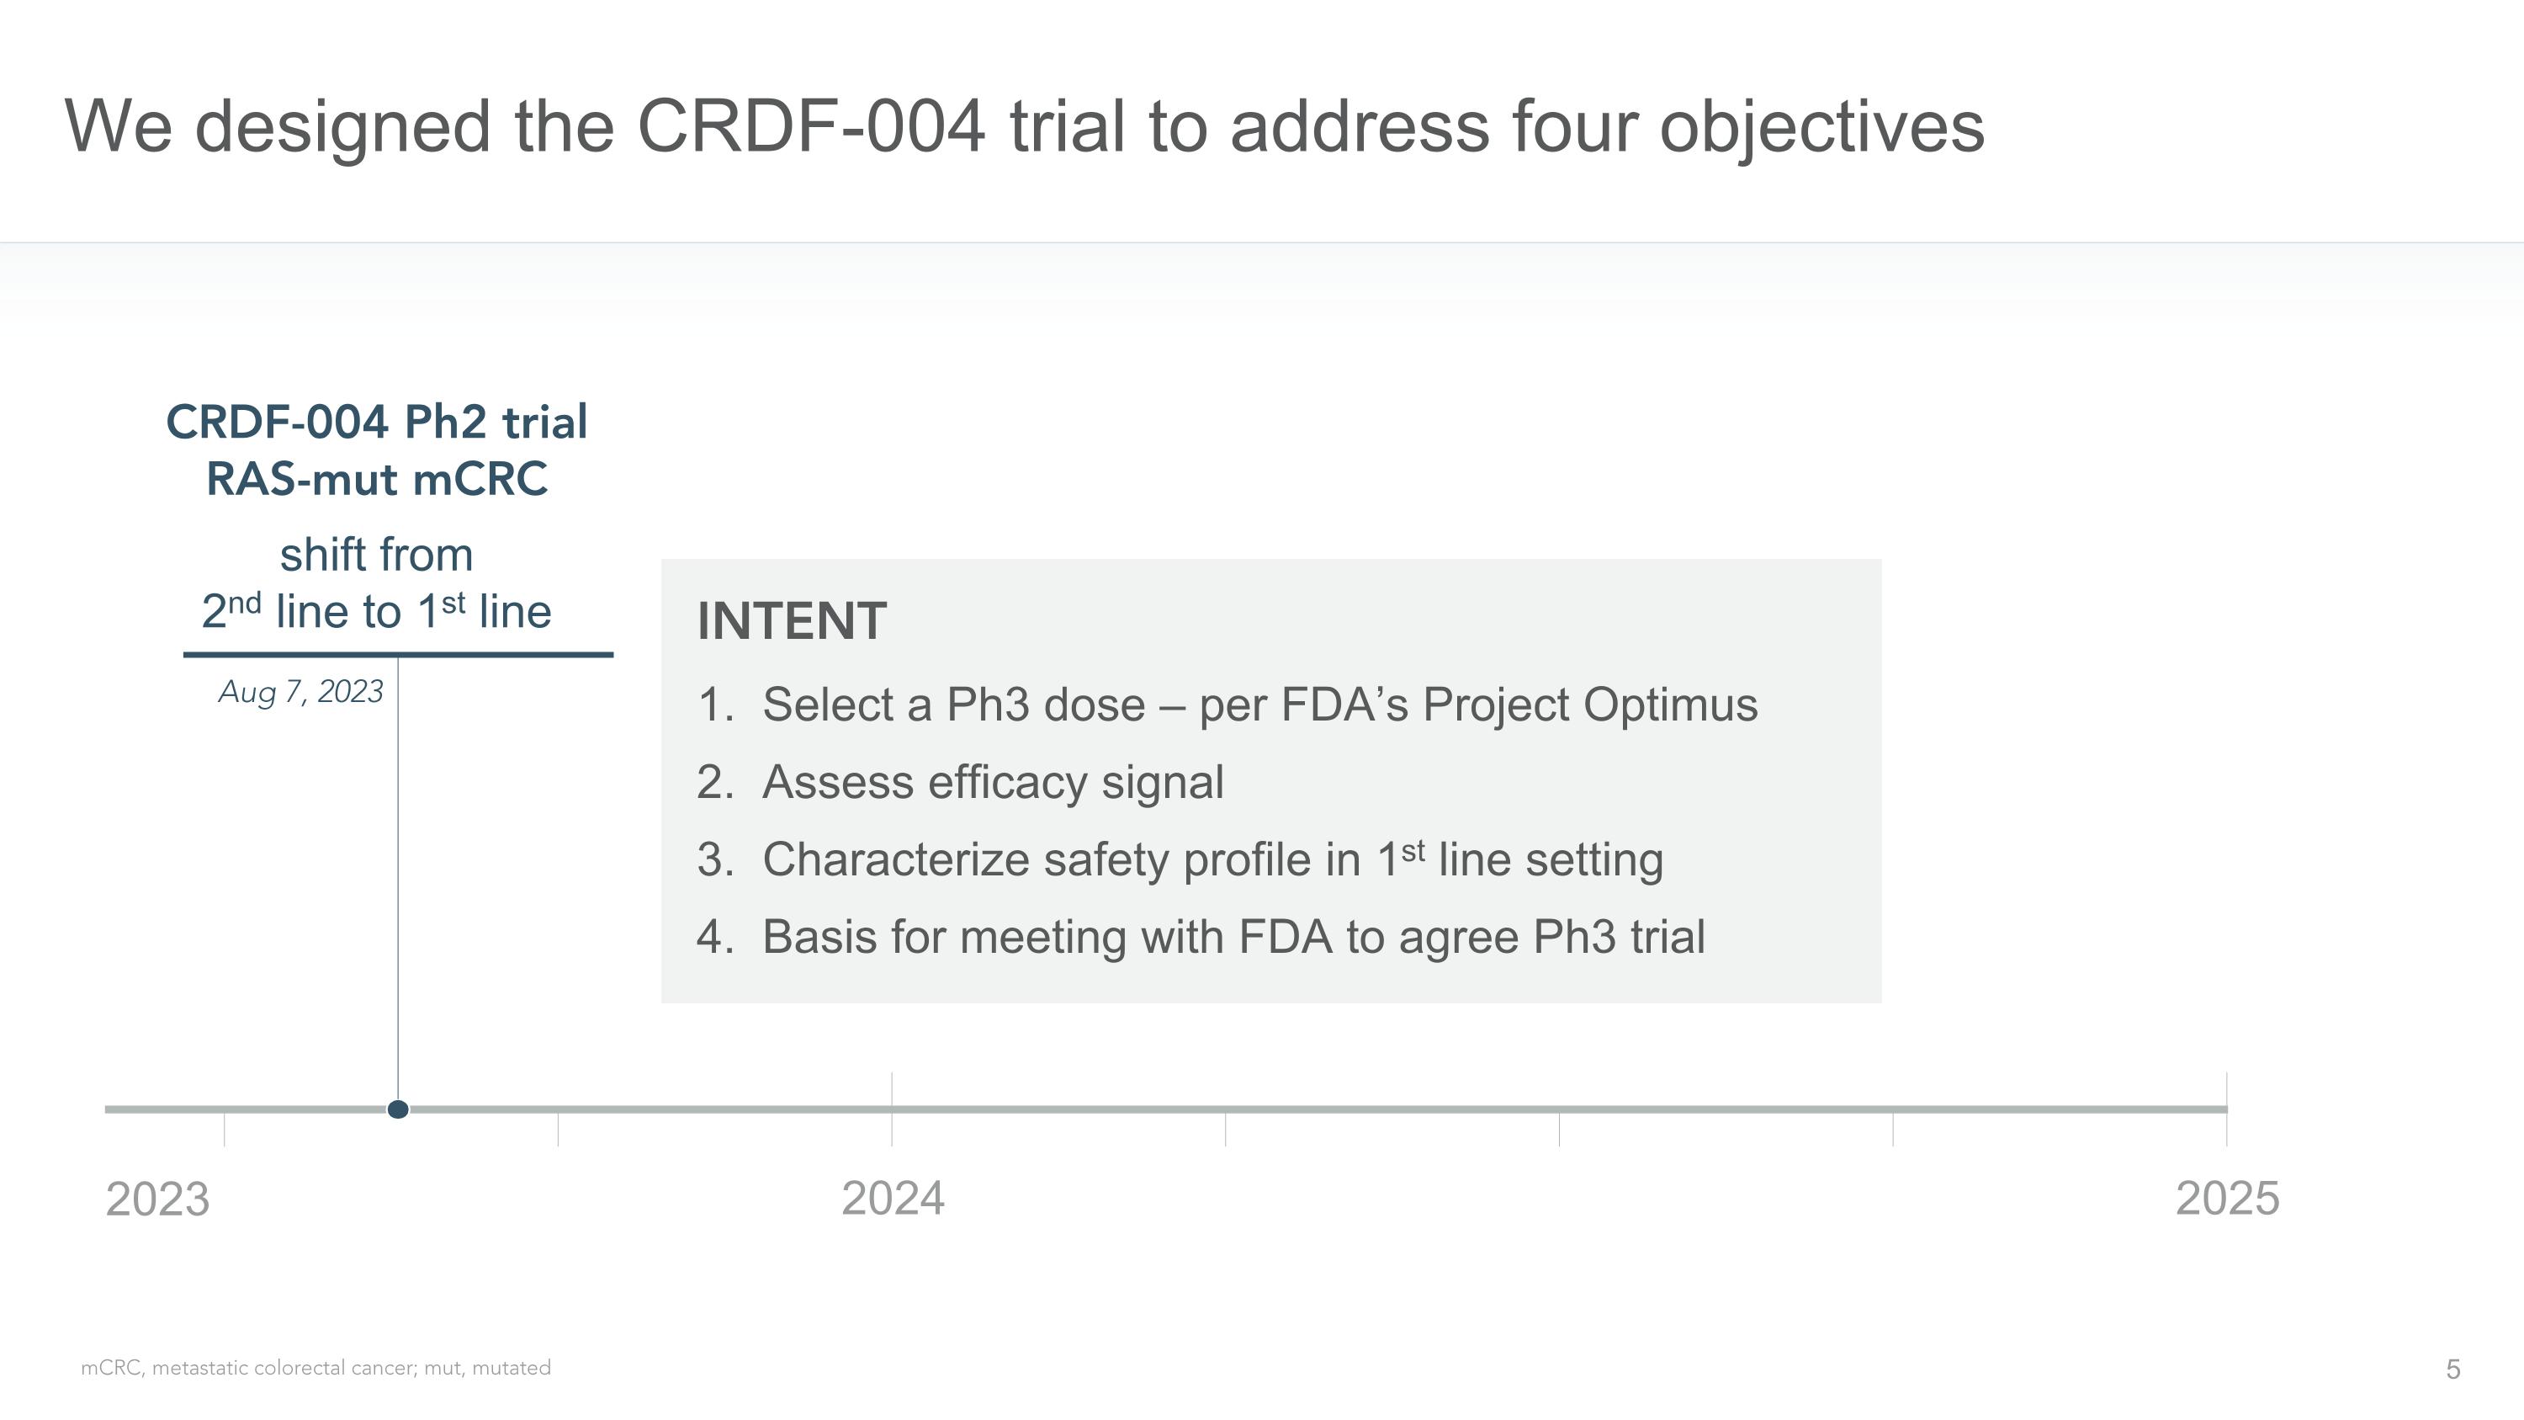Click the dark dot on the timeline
point(398,1109)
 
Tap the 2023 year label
point(158,1199)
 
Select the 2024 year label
point(893,1199)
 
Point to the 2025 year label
point(2227,1199)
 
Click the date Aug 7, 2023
point(301,692)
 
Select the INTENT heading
point(792,621)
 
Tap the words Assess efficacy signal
point(993,782)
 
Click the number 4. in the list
point(715,937)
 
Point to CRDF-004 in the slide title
point(810,126)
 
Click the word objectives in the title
point(1821,126)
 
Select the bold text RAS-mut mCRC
point(376,480)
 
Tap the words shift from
point(376,556)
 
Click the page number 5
point(2452,1369)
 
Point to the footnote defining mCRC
point(315,1368)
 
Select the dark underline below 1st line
point(398,654)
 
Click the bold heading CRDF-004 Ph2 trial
point(376,423)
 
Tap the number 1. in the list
point(715,705)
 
